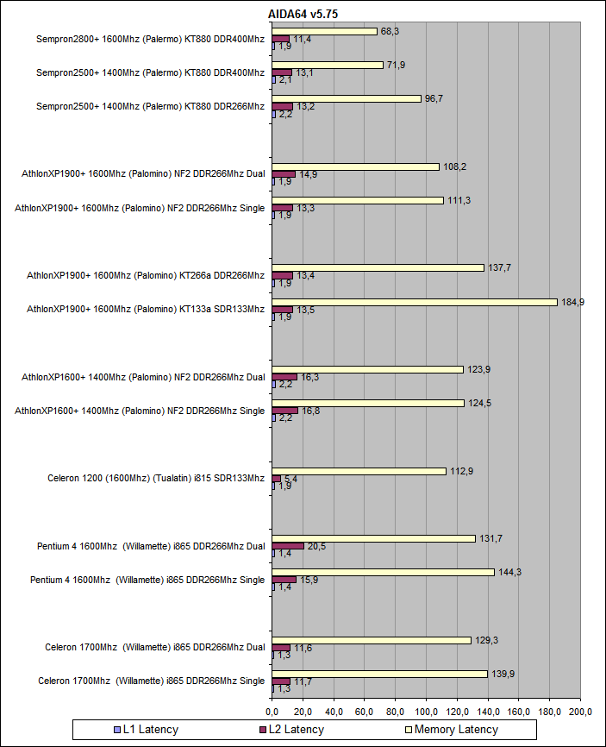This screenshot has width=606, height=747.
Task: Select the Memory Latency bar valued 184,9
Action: pos(415,302)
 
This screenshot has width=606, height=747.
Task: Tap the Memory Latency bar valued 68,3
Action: pos(324,31)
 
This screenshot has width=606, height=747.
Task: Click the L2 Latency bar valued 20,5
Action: pos(288,546)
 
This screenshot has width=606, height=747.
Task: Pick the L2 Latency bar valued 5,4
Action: pos(276,479)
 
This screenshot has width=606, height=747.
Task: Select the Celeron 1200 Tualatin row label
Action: pos(156,478)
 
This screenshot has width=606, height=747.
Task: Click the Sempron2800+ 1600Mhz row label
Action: pos(150,39)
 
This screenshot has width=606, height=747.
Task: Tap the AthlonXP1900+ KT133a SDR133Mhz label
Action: pos(146,309)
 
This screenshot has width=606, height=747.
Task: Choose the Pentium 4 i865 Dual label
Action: pos(151,546)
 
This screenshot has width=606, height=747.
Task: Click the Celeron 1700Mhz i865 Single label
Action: pos(151,681)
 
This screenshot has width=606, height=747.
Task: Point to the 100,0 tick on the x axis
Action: pos(426,712)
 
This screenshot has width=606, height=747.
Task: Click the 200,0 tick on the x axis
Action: pos(580,712)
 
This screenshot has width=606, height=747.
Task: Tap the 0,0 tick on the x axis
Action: pos(272,712)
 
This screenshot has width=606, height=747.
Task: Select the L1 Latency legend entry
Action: pos(145,730)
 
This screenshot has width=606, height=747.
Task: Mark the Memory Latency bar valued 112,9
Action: pos(359,471)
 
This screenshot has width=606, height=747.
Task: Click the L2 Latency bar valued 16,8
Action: pos(284,411)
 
